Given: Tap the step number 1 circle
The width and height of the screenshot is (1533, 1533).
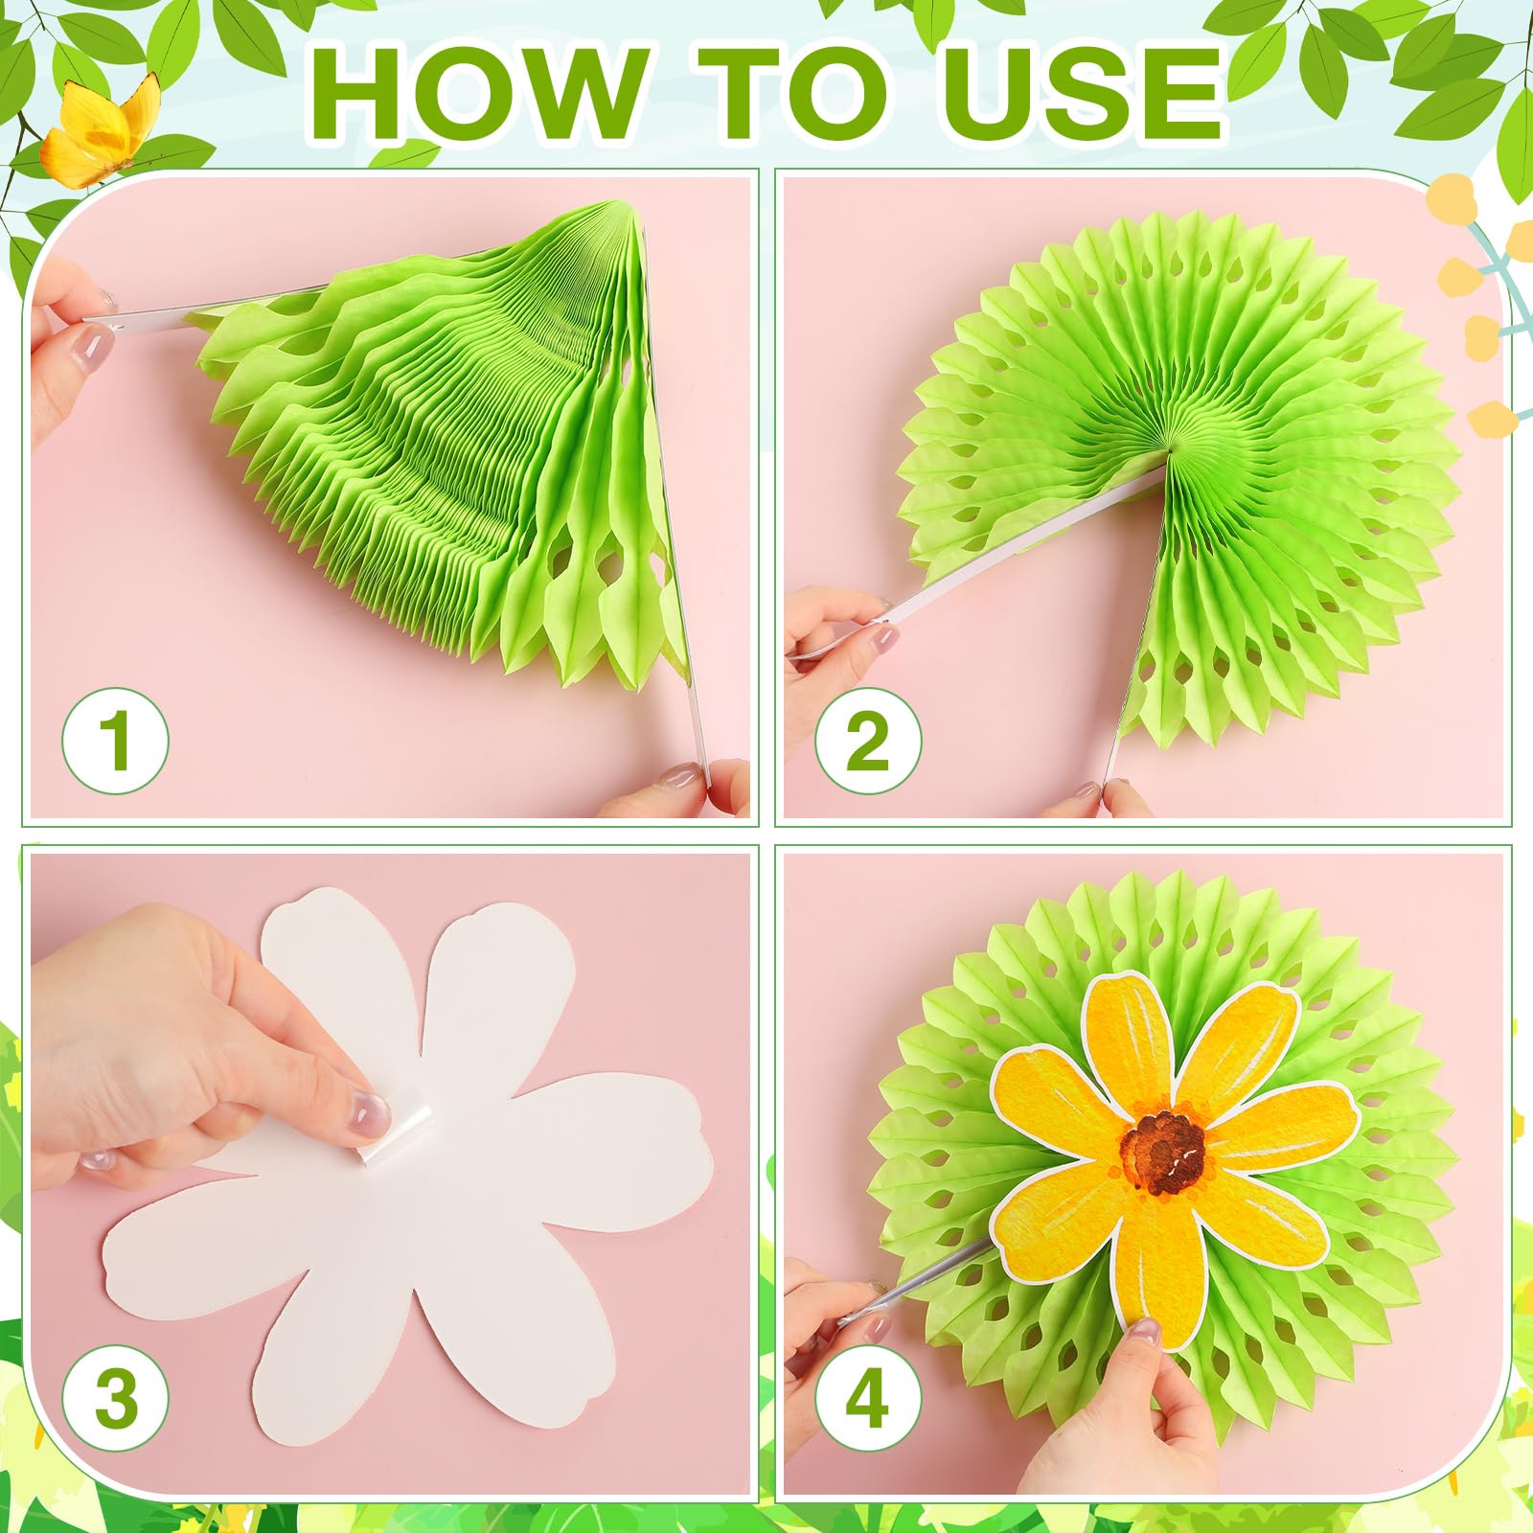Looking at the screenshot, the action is click(116, 740).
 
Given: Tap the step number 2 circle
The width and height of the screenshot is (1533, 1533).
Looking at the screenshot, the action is click(868, 740).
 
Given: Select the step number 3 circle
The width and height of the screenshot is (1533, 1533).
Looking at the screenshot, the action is click(116, 1398).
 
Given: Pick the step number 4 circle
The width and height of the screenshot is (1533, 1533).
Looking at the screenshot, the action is click(868, 1398).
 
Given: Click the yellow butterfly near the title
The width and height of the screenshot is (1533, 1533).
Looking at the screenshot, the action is click(101, 129).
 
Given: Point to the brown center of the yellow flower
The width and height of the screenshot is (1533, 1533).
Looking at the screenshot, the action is click(1163, 1151).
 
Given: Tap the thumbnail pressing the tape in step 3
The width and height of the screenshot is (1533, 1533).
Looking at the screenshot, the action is click(367, 1115).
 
